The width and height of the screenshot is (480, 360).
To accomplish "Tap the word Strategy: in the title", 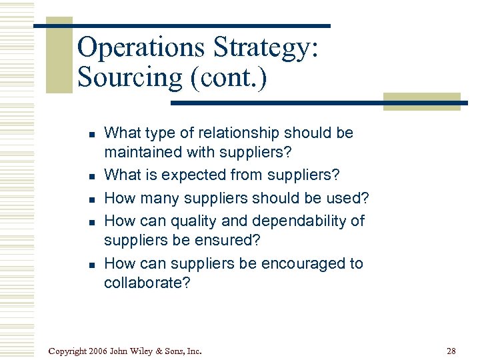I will pos(267,49).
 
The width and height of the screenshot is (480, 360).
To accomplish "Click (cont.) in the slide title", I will pos(229,78).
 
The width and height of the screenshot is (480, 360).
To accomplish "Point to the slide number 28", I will pos(452,351).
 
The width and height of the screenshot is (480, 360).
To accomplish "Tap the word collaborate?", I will pos(147,283).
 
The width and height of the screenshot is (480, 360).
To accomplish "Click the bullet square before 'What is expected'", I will pos(89,177).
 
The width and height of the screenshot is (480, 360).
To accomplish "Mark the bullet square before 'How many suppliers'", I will pos(89,199).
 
